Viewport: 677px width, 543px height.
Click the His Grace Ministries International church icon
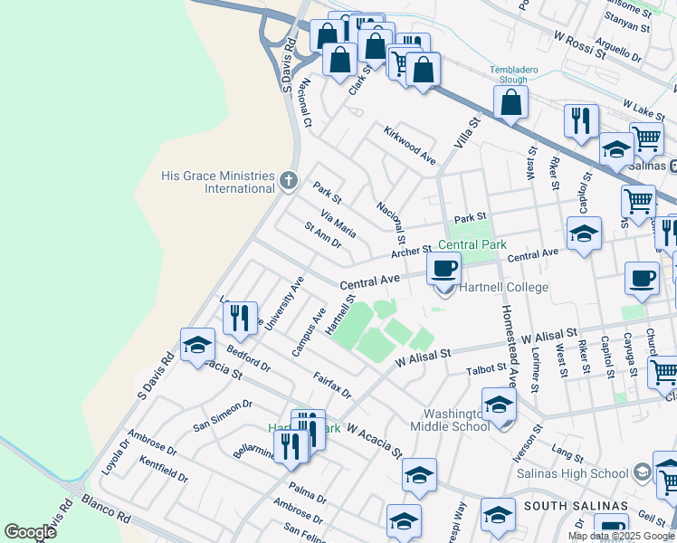[x=289, y=181]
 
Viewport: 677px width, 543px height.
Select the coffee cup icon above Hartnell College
[x=443, y=268]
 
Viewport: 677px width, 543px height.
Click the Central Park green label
[x=471, y=244]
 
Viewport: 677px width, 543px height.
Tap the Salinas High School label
[x=571, y=473]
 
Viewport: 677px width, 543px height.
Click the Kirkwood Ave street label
[x=410, y=146]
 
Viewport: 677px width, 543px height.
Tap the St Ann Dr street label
[x=322, y=237]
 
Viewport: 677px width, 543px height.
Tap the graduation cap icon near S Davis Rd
[x=197, y=346]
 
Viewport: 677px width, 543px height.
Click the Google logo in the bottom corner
[x=30, y=532]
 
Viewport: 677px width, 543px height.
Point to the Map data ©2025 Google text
[x=622, y=536]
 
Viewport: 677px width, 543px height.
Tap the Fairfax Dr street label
[x=333, y=382]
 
